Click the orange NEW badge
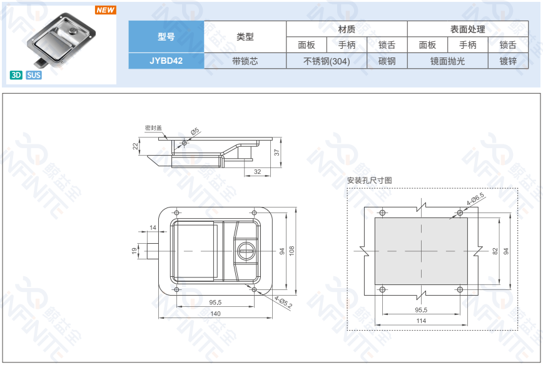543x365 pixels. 105,11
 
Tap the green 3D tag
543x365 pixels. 16,75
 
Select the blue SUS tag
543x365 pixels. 34,75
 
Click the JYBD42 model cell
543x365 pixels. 166,61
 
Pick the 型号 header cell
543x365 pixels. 166,37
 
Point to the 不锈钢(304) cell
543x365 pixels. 326,61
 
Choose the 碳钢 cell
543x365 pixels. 387,61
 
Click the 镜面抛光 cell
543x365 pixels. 447,61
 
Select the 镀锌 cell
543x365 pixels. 508,61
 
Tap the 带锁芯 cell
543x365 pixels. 245,61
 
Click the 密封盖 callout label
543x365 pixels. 153,128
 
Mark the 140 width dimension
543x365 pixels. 215,313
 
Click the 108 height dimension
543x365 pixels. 291,251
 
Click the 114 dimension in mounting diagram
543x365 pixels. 421,321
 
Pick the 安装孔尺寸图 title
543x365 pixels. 370,181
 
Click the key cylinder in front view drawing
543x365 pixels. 246,251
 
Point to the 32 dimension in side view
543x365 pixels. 257,171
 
